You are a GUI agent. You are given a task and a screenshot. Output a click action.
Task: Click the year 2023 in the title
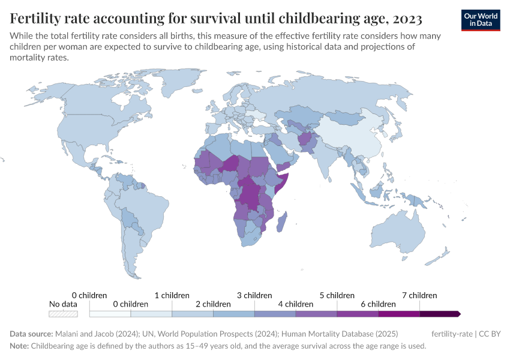click(406, 17)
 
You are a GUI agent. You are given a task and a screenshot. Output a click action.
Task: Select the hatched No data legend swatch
click(63, 313)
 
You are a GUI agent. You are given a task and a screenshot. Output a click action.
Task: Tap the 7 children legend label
click(419, 295)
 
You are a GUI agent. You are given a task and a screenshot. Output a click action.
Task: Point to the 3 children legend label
click(254, 295)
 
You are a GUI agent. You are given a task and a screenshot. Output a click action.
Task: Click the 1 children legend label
click(172, 295)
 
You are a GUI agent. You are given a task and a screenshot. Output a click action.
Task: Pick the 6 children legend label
click(378, 304)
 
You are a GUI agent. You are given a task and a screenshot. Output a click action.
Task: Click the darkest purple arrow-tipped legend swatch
click(439, 313)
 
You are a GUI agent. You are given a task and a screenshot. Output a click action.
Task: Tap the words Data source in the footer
click(31, 334)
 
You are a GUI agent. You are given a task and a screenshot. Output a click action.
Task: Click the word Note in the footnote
click(19, 346)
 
